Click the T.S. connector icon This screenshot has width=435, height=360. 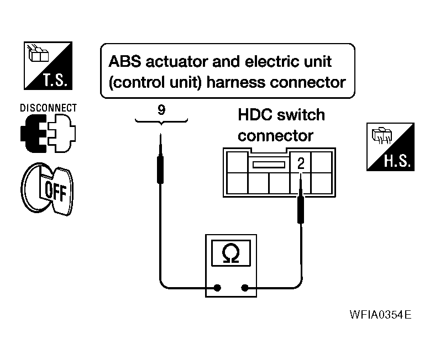click(x=48, y=66)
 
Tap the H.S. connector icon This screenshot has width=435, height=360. click(x=390, y=147)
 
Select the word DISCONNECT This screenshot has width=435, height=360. click(x=48, y=108)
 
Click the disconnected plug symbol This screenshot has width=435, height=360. click(x=48, y=133)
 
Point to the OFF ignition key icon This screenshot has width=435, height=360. click(x=47, y=189)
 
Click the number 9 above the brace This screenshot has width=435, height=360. click(x=161, y=110)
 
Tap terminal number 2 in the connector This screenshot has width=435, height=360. click(x=301, y=163)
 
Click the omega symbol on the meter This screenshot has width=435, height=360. click(x=231, y=253)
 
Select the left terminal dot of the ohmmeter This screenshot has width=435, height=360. click(x=217, y=288)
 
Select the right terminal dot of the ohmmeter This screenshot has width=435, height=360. click(x=245, y=288)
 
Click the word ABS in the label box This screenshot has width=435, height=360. click(x=124, y=61)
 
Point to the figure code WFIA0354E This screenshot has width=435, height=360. click(x=380, y=315)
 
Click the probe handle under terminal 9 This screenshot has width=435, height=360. click(x=160, y=170)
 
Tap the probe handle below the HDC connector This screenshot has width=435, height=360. click(x=301, y=209)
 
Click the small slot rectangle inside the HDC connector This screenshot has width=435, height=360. click(x=269, y=165)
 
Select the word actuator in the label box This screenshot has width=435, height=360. click(x=177, y=61)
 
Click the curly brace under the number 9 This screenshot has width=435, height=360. click(x=161, y=121)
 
